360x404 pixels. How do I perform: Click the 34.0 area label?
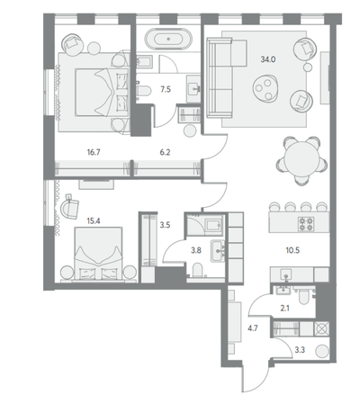click(x=268, y=59)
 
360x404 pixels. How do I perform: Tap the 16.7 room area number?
click(x=94, y=152)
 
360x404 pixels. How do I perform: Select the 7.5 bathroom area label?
click(x=166, y=89)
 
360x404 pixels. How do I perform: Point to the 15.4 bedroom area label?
click(x=94, y=221)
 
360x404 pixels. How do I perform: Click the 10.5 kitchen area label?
click(x=292, y=250)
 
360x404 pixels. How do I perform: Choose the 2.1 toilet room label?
click(x=284, y=308)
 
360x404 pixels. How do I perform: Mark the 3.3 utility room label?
click(x=300, y=350)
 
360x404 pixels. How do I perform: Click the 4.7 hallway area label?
click(x=253, y=328)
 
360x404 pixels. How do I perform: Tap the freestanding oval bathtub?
click(x=168, y=39)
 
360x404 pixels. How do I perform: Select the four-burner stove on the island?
click(x=306, y=224)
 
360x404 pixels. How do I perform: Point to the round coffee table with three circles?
click(x=266, y=87)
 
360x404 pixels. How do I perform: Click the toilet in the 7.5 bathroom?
click(x=143, y=90)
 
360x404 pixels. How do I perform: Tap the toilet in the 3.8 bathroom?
click(x=197, y=270)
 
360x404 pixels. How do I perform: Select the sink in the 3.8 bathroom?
click(x=218, y=251)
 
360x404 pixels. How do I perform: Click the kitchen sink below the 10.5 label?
click(x=287, y=274)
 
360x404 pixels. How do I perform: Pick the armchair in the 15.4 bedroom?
click(x=70, y=208)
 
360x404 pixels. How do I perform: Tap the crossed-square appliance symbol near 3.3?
click(x=321, y=328)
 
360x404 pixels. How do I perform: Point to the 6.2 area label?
click(x=165, y=152)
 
